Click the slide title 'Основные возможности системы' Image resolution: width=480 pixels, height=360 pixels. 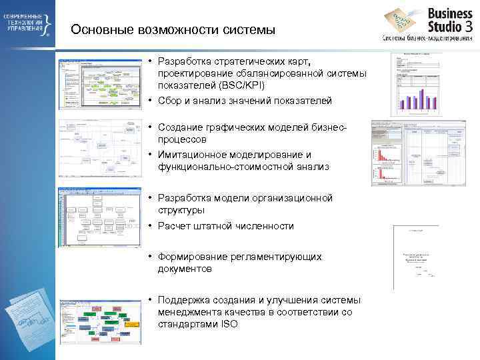[173, 30]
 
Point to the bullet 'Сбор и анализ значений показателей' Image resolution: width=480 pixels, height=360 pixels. [244, 101]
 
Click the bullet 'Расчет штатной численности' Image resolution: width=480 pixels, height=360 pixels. [225, 226]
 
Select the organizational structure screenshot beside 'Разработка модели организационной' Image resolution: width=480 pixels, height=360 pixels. [100, 217]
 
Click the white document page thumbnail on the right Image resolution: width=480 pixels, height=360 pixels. [415, 257]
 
